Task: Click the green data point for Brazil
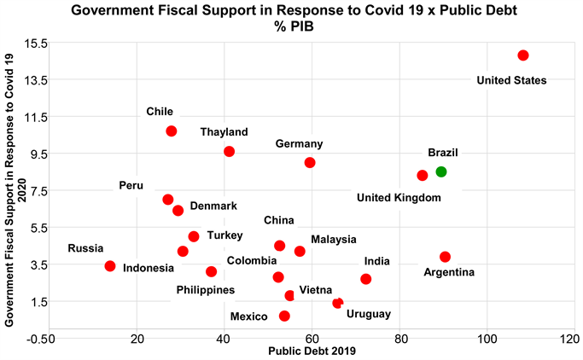[x=440, y=171]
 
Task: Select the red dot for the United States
[x=523, y=55]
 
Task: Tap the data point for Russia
[x=110, y=266]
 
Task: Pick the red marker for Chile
[x=172, y=131]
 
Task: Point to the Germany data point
[x=310, y=162]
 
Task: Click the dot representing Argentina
[x=445, y=257]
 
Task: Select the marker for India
[x=365, y=279]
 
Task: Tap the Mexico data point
[x=284, y=316]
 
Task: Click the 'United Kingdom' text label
[x=399, y=198]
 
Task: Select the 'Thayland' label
[x=224, y=132]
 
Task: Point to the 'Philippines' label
[x=205, y=290]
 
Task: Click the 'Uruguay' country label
[x=369, y=314]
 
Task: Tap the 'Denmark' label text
[x=213, y=206]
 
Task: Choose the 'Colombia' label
[x=251, y=260]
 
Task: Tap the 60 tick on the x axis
[x=312, y=339]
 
